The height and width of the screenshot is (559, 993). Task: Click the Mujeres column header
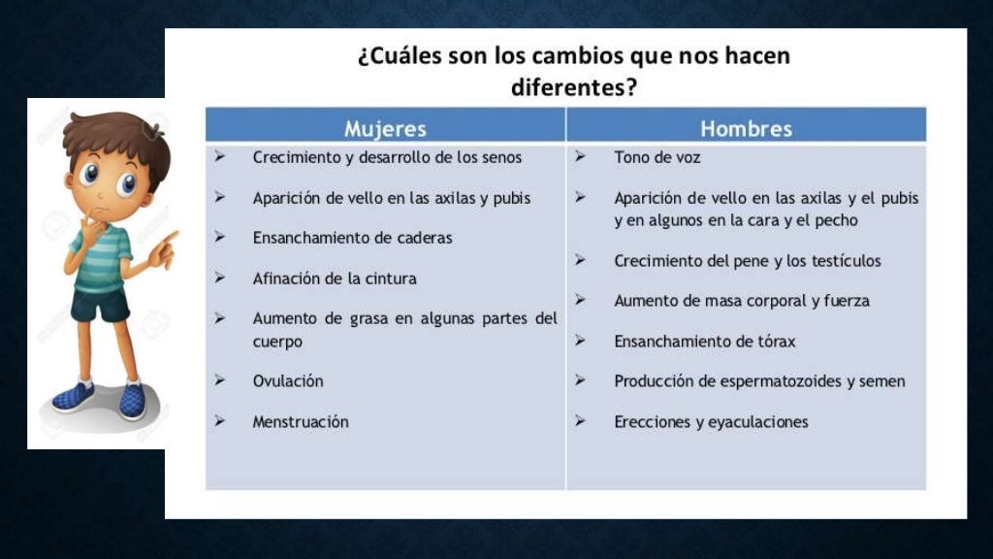pos(385,128)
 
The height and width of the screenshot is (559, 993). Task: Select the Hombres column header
pos(746,128)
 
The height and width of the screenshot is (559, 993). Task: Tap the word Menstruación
pos(301,422)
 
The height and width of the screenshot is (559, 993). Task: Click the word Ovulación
pos(288,381)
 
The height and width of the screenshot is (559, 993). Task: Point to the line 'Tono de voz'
pos(657,157)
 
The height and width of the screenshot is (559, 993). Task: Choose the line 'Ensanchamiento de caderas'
pos(352,238)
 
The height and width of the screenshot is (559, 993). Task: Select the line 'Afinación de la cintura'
pos(335,279)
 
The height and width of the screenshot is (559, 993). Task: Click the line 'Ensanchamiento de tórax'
pos(704,342)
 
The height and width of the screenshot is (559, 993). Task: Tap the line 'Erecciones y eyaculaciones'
pos(711,422)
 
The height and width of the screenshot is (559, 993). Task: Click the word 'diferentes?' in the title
pos(573,87)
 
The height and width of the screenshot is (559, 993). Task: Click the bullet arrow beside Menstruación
pos(220,421)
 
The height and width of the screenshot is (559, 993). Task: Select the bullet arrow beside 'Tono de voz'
pos(579,156)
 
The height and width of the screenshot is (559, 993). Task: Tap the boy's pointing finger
pos(170,238)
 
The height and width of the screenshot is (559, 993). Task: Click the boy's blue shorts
pos(100,305)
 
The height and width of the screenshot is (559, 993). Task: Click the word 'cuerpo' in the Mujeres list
pos(277,342)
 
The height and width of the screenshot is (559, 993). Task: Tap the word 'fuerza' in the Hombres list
pos(847,301)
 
